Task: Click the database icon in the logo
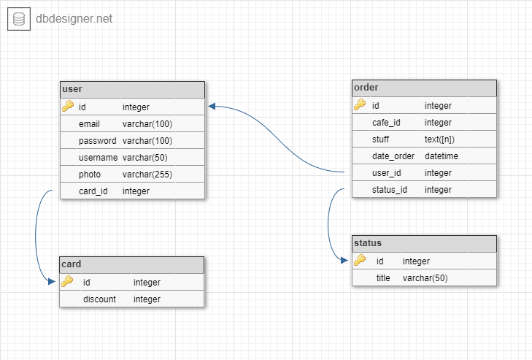(x=19, y=19)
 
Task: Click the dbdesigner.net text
(x=74, y=19)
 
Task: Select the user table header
(x=132, y=90)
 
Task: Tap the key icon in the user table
(x=68, y=107)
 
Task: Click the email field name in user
(x=89, y=124)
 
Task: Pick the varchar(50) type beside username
(x=145, y=158)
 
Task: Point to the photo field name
(x=90, y=175)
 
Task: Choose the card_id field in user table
(x=93, y=191)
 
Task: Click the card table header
(x=131, y=265)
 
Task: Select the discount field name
(x=100, y=299)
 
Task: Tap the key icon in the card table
(x=67, y=282)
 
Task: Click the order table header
(x=424, y=88)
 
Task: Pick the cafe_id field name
(x=386, y=123)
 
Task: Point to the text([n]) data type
(x=439, y=139)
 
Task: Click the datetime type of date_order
(x=442, y=156)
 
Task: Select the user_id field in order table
(x=387, y=173)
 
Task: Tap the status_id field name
(x=390, y=190)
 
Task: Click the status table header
(x=424, y=244)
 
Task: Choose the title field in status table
(x=383, y=278)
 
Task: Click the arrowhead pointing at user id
(x=212, y=107)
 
